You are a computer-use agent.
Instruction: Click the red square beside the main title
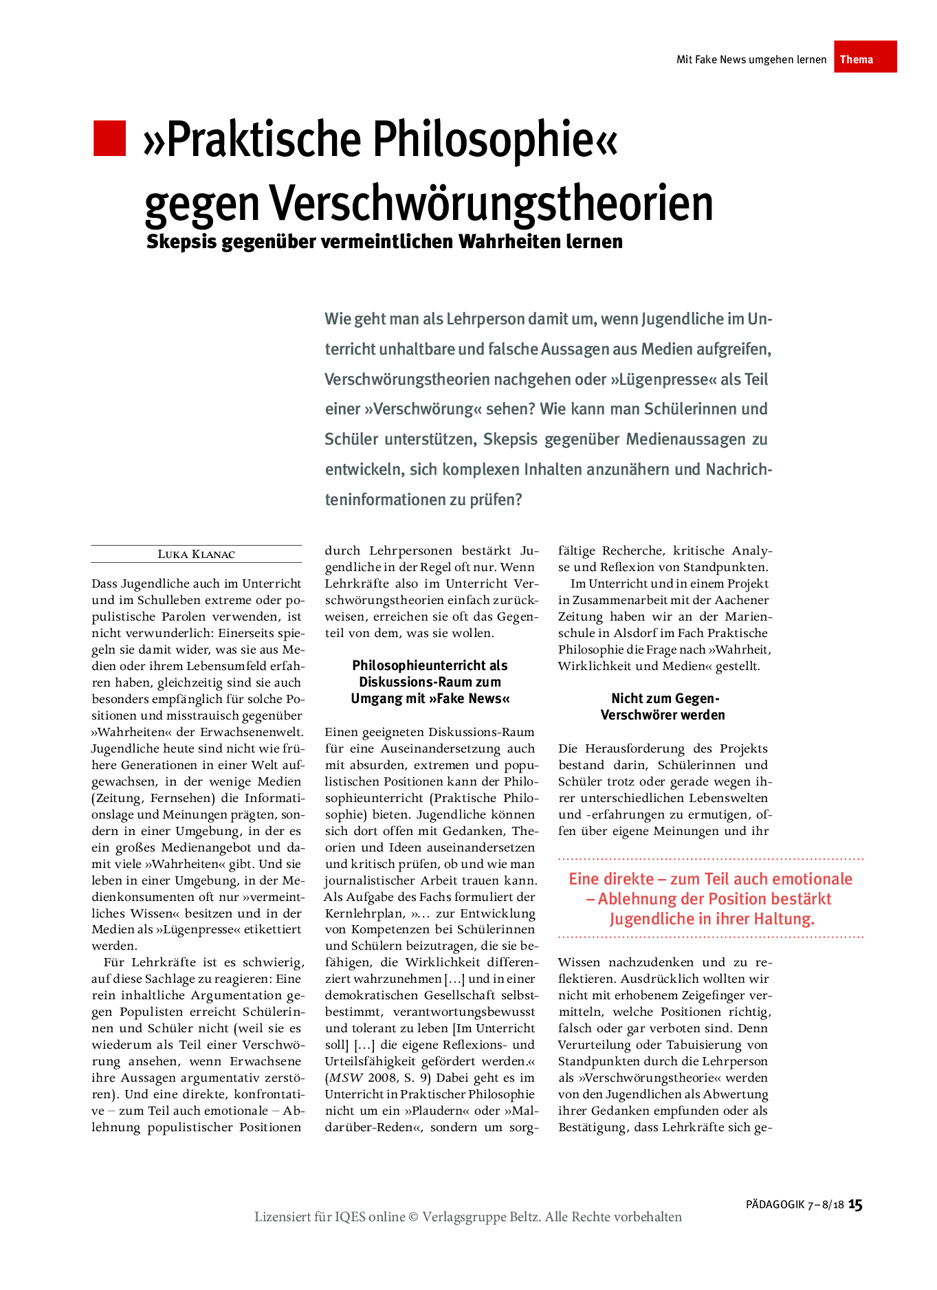pos(110,139)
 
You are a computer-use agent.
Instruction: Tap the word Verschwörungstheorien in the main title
pos(491,203)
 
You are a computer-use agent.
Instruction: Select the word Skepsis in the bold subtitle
pos(181,242)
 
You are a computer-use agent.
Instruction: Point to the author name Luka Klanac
pos(196,555)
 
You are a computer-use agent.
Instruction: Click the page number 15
pos(855,1204)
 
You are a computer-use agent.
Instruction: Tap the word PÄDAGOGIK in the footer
pos(775,1205)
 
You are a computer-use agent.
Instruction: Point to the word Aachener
pos(740,600)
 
